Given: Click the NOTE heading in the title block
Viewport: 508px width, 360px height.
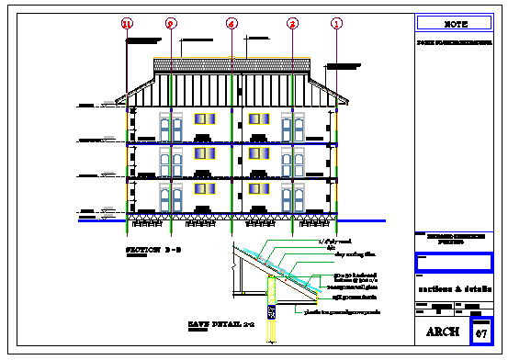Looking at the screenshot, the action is click(455, 23).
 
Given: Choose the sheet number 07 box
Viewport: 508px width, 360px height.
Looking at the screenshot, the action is click(481, 332).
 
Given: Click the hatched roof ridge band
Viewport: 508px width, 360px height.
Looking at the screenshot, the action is click(232, 66).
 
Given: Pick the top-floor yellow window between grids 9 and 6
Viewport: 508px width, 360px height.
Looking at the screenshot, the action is click(204, 119).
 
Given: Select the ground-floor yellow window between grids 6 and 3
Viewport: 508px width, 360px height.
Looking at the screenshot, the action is click(256, 189).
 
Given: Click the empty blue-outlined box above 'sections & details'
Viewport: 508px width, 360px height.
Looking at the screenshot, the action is click(455, 262).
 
